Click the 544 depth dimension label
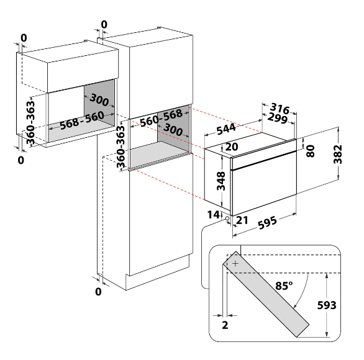(226, 129)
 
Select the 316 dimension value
(280, 109)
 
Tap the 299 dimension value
(278, 119)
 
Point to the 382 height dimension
(338, 154)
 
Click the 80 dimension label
(311, 151)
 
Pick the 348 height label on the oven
(221, 181)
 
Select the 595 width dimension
(268, 223)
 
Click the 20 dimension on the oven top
(232, 146)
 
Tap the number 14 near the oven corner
(213, 215)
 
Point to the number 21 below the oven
(242, 220)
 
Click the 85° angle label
(284, 286)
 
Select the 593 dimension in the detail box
(327, 305)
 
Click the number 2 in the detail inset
(225, 325)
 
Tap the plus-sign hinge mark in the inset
(235, 264)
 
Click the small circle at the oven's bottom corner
(227, 218)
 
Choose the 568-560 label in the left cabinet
(82, 120)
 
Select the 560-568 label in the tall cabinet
(161, 118)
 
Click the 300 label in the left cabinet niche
(99, 100)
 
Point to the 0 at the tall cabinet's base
(98, 292)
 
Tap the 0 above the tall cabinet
(104, 24)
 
